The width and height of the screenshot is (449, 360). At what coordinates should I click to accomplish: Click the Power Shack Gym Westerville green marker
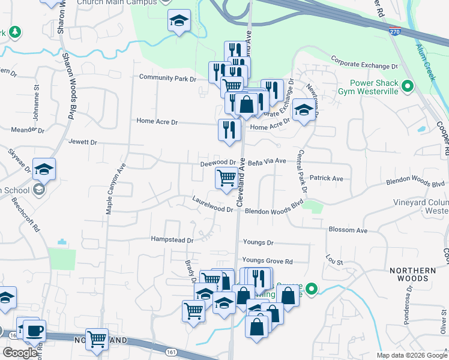pos(408,87)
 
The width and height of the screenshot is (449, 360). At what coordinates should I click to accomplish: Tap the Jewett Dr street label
pos(83,143)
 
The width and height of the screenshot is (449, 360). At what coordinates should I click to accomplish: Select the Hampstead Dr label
pos(173,240)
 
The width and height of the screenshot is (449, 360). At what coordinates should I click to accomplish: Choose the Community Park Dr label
pos(167,78)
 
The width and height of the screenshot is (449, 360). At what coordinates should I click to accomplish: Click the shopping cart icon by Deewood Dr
pos(226,177)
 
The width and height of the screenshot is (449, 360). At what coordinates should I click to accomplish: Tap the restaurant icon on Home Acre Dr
pos(229,129)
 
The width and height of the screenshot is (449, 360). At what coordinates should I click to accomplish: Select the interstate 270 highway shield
pos(394,31)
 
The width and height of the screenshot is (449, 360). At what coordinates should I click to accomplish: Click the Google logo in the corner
pos(20,353)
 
